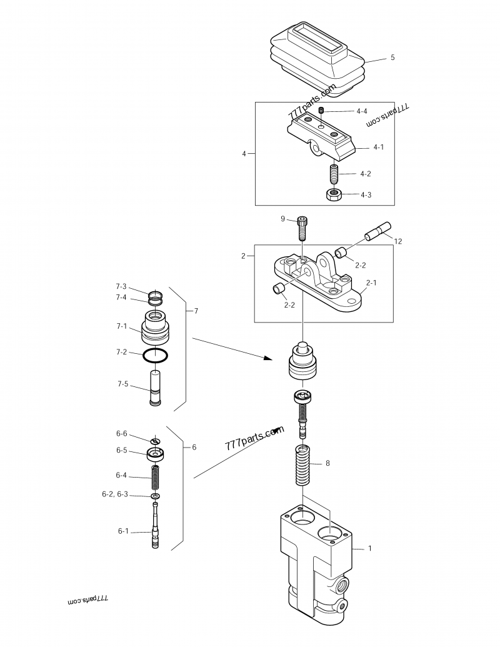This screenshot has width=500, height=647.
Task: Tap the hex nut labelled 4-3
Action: coord(334,194)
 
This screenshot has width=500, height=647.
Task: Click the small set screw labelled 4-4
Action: coord(321,111)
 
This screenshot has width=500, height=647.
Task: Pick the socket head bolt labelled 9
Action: coord(302,228)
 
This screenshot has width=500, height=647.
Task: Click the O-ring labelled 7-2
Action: coord(155,355)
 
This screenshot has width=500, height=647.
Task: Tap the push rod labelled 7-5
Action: coord(156,388)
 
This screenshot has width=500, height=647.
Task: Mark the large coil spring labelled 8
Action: coord(304,467)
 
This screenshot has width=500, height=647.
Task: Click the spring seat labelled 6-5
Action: coord(155,453)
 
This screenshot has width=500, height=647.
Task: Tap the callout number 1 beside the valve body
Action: coord(370,548)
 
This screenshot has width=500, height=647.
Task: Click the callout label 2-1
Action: coord(371,283)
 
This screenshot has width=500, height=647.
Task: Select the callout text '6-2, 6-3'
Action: coord(115,494)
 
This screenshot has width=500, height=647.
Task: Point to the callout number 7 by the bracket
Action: coord(196,311)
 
